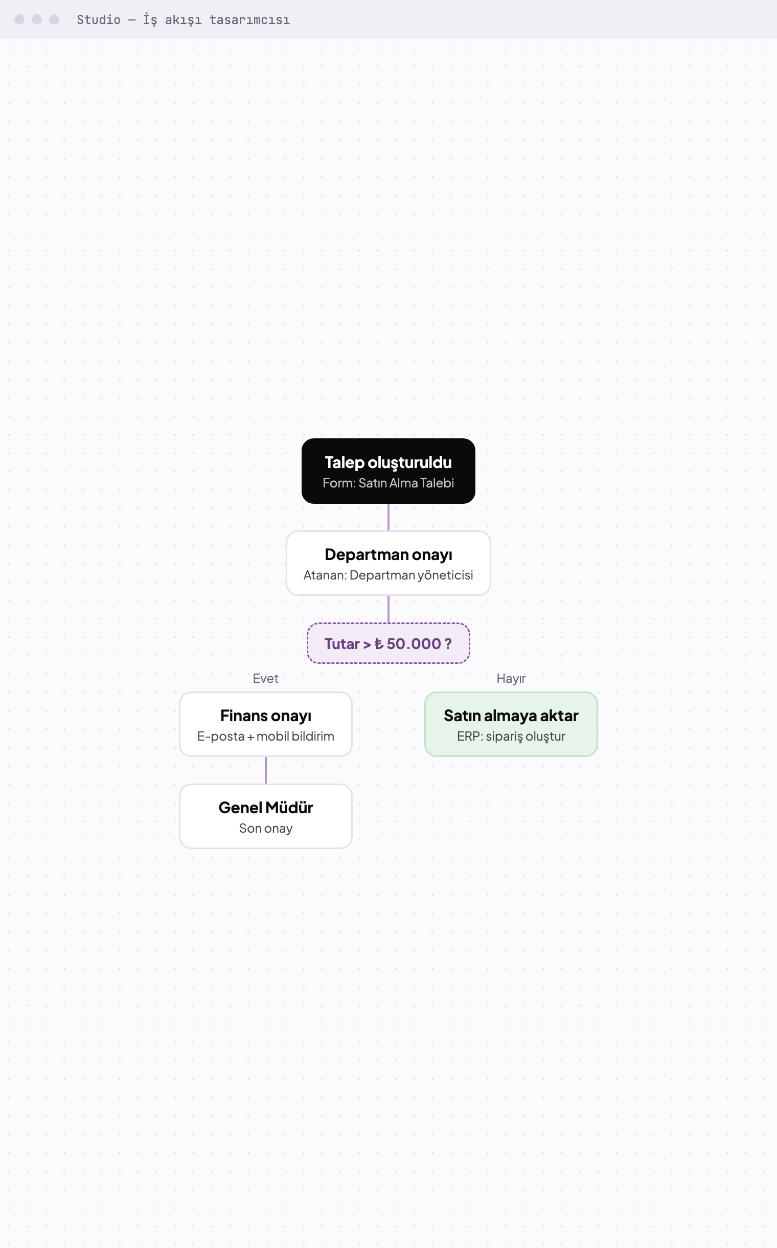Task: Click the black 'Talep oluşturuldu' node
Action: [388, 471]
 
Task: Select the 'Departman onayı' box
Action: [388, 563]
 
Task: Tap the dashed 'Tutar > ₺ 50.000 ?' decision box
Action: [388, 643]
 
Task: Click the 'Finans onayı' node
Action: [266, 724]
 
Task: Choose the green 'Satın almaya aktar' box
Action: [511, 724]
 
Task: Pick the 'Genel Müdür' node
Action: [266, 816]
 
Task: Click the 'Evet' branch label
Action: [266, 678]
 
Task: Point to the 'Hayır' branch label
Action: [511, 678]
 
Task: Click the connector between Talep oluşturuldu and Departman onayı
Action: [388, 517]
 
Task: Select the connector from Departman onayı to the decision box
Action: [388, 609]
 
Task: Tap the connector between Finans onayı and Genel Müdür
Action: [266, 770]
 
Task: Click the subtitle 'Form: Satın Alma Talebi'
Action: [388, 483]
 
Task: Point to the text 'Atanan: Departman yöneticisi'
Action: [388, 575]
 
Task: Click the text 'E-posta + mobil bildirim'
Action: [266, 736]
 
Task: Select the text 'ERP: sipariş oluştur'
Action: [511, 736]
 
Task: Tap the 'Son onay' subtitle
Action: [266, 828]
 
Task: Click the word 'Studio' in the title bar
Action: [99, 19]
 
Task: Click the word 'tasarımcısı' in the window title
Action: [250, 19]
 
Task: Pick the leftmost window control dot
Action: [19, 19]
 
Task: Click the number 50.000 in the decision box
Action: [414, 643]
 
